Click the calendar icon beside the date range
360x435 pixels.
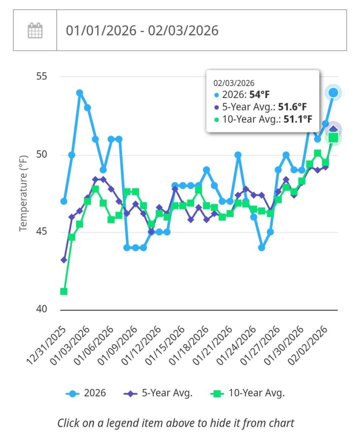coord(35,31)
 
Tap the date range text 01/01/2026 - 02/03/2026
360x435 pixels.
coord(142,31)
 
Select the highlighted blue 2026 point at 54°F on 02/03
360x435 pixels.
coord(333,92)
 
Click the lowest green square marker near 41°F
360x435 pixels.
coord(64,291)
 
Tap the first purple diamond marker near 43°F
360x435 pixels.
coord(64,260)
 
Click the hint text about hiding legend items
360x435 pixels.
coord(176,423)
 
